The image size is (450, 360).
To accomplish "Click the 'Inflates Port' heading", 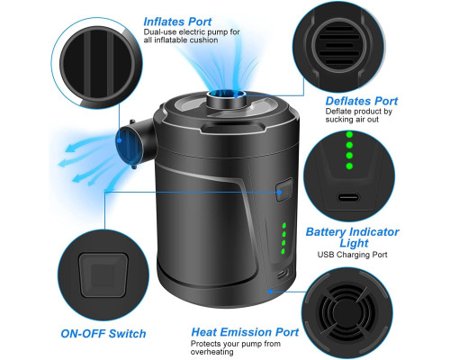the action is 177,22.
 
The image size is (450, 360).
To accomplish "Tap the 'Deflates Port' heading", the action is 362,101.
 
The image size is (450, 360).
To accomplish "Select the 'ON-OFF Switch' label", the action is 103,334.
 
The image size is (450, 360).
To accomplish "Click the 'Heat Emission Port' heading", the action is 245,332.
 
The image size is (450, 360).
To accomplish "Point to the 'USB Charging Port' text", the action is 353,255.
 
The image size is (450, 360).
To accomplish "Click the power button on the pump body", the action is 283,190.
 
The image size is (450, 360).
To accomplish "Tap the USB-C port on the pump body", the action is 283,274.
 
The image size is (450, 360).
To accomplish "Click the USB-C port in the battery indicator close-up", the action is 348,197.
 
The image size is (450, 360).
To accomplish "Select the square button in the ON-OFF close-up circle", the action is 103,275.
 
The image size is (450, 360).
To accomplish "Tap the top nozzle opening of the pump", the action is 226,94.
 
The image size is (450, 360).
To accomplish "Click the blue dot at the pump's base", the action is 270,291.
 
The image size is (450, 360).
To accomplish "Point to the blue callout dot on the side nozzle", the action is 120,140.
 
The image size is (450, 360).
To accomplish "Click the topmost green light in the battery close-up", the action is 349,134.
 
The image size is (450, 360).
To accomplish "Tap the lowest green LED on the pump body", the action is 283,251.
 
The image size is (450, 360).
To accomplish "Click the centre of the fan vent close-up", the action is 347,312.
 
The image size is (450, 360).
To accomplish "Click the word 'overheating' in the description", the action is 211,352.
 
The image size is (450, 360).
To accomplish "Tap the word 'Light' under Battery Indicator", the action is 354,243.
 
